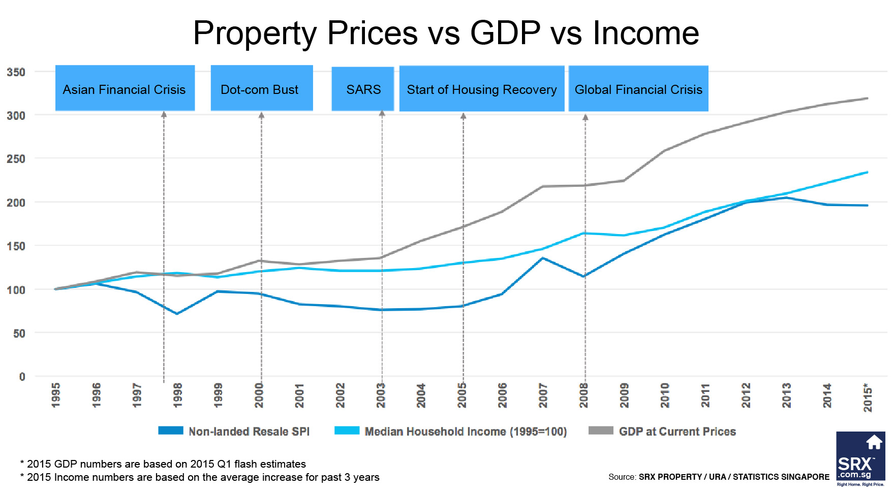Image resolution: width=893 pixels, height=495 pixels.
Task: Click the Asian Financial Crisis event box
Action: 125,88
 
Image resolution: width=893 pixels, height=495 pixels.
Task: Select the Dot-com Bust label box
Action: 261,88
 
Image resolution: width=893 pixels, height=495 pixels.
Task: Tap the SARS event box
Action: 363,89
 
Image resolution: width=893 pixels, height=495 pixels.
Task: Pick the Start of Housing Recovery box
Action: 481,89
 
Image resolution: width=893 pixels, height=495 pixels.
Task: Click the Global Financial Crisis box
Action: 638,89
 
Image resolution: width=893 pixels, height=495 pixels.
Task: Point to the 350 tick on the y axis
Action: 16,72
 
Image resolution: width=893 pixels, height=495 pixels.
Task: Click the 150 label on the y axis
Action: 16,246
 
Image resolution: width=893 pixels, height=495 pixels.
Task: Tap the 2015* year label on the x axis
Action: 868,398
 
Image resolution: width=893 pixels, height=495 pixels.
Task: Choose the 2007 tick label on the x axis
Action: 543,395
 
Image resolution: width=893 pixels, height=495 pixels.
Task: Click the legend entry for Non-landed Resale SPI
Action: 234,432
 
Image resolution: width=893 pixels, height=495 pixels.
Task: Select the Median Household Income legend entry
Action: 450,432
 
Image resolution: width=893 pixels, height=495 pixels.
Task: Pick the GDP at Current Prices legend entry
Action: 662,432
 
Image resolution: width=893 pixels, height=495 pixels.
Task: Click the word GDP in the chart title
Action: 505,34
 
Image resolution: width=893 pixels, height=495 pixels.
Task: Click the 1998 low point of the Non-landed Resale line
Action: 176,314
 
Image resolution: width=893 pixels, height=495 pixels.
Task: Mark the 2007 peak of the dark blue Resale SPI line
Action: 543,258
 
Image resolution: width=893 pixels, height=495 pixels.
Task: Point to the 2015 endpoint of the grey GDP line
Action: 867,98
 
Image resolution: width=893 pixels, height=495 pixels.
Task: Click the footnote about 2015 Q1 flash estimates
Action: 163,464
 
